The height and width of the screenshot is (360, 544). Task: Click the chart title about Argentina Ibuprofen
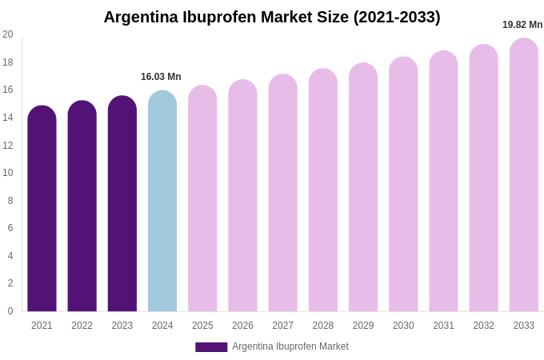point(272,17)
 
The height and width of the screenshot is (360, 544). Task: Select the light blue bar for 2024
point(162,201)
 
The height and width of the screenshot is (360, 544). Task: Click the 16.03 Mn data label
point(161,77)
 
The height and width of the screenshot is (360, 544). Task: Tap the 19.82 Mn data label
point(522,25)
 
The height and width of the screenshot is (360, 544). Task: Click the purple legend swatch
point(211,347)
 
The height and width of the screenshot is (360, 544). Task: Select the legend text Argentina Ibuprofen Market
point(290,346)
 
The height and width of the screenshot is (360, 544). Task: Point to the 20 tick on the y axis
point(8,34)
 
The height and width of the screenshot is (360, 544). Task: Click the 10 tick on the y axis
point(8,173)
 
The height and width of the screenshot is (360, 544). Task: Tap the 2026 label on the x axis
point(242,326)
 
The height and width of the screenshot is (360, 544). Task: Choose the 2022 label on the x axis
point(82,326)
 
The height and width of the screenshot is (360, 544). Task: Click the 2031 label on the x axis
point(443,326)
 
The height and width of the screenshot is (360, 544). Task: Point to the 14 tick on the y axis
point(8,118)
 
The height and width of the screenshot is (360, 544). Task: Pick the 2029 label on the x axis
point(363,326)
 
